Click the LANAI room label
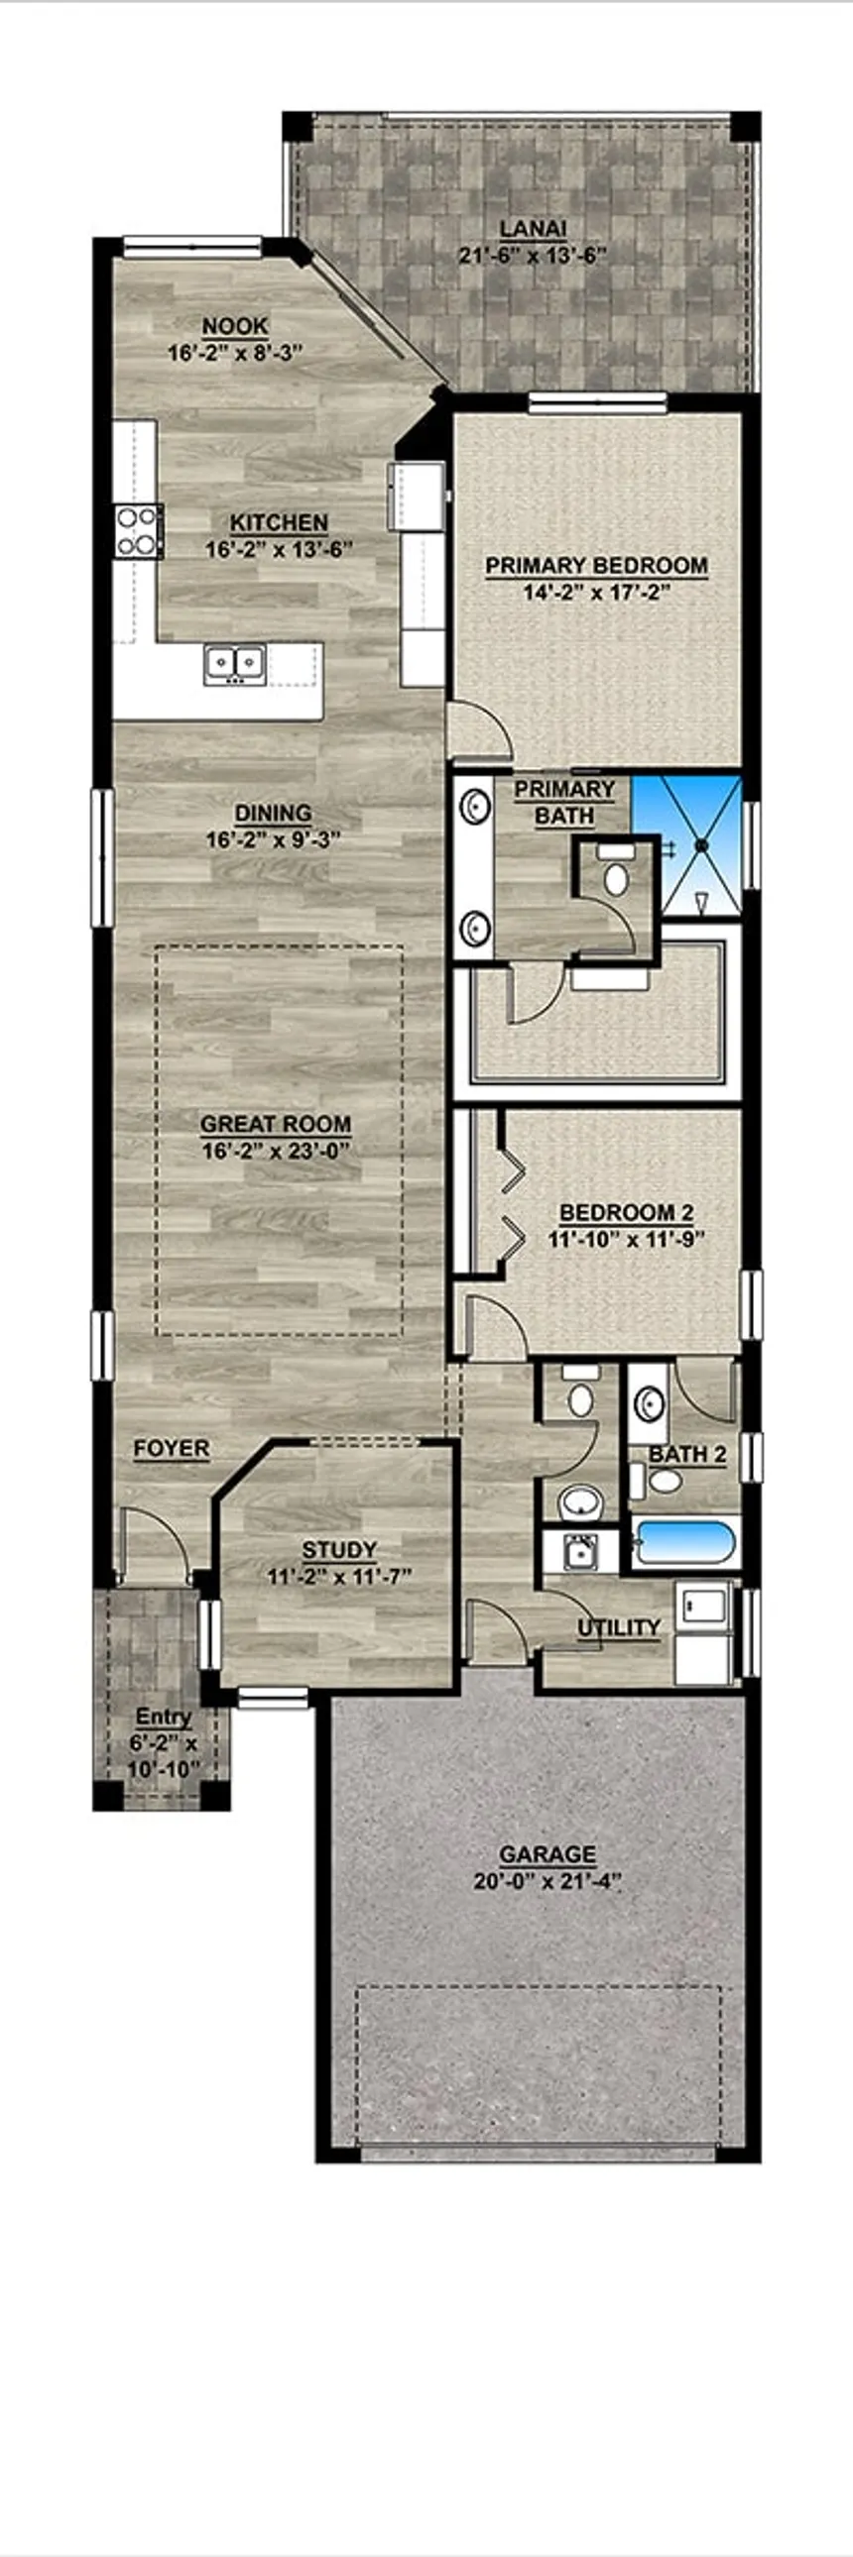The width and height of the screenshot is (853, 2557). [534, 229]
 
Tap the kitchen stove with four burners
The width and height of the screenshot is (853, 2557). [138, 530]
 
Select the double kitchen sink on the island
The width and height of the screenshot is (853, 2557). [234, 662]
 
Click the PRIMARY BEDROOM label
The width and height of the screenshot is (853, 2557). [596, 566]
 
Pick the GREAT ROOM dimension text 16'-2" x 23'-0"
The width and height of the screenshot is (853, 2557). [275, 1151]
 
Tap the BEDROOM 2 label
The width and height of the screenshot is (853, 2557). [626, 1212]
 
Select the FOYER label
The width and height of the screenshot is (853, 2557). [172, 1449]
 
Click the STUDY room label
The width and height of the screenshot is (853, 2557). [338, 1549]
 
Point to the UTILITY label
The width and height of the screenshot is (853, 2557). [619, 1627]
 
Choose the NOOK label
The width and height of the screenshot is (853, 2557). [234, 326]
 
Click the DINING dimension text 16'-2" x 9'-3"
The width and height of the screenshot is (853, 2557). [273, 839]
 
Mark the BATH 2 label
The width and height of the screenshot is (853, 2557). [687, 1454]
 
